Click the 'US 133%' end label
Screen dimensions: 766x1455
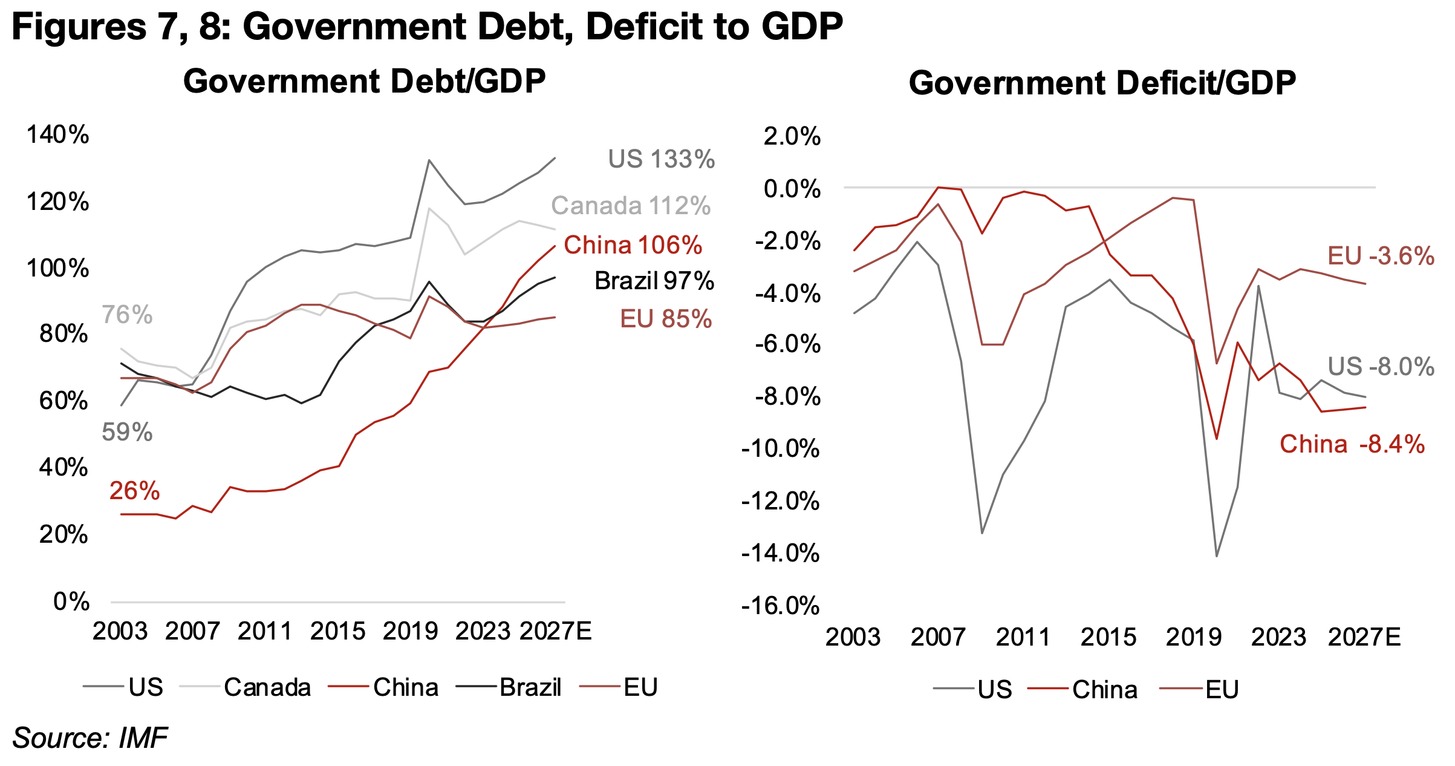click(x=661, y=159)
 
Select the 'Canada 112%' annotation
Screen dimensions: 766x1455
click(x=631, y=206)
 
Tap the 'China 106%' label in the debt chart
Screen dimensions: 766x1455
click(x=633, y=245)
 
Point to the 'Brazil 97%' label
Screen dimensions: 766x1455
click(x=654, y=281)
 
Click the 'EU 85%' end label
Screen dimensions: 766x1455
click(x=666, y=319)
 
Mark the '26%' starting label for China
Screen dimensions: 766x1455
click(x=134, y=491)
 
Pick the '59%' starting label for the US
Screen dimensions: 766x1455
click(x=127, y=432)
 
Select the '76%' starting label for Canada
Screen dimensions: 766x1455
click(x=127, y=315)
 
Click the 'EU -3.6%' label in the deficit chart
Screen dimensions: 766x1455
click(x=1381, y=256)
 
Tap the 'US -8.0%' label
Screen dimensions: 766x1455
click(x=1381, y=367)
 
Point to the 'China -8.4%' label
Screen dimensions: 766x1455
click(x=1352, y=444)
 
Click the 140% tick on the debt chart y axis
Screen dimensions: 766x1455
click(x=58, y=134)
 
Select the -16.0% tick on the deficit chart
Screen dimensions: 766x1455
click(x=781, y=605)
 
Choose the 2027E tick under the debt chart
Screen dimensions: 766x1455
click(x=555, y=631)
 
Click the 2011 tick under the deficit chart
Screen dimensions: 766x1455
click(x=1023, y=637)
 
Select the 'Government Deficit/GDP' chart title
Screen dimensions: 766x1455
click(x=1102, y=83)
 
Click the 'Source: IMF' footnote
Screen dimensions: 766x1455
click(x=90, y=738)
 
